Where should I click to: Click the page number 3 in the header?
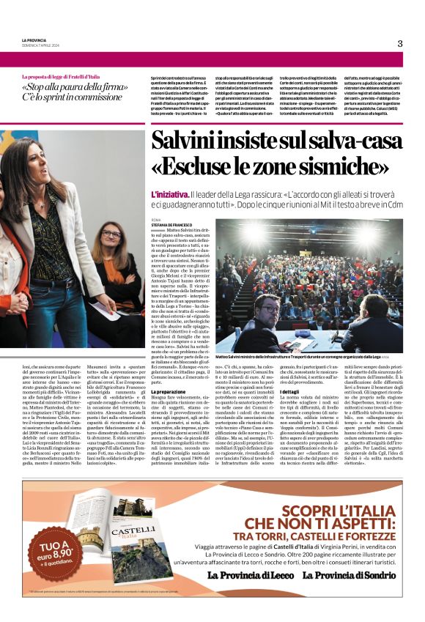pyautogui.click(x=400, y=43)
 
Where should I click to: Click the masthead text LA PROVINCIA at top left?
pyautogui.click(x=34, y=40)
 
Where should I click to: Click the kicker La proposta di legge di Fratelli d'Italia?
pyautogui.click(x=70, y=76)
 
